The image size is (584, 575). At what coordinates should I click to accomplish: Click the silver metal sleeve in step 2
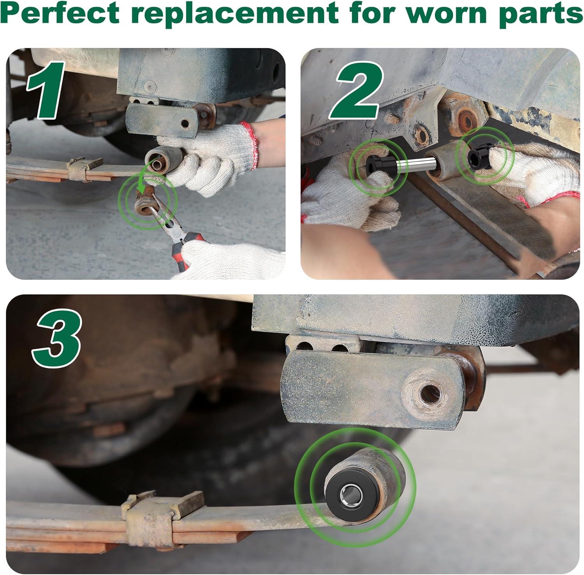411,164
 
